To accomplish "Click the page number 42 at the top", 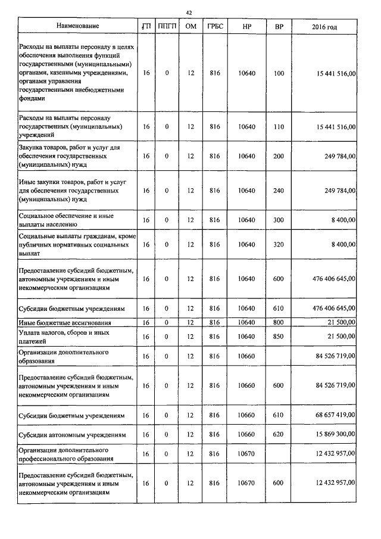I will click(189, 12).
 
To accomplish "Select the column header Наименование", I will click(78, 26).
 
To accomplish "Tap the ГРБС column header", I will click(215, 27).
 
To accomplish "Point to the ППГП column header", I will click(167, 27).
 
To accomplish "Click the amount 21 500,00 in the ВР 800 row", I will click(341, 322).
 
